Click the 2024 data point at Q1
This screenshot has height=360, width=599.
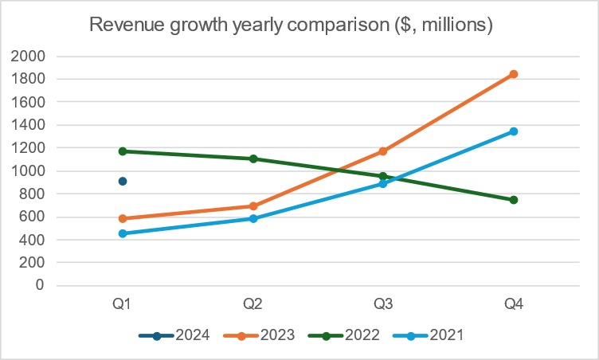tap(123, 182)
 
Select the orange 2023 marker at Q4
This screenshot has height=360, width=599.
tap(514, 74)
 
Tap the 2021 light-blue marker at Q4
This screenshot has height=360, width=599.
tap(514, 131)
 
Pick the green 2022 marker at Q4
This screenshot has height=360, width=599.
tap(514, 200)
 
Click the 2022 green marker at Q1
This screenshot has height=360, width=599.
tap(123, 151)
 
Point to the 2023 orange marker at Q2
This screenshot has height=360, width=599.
tap(253, 206)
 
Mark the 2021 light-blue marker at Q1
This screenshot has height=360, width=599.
tap(123, 233)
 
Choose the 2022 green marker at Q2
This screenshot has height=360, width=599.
tap(253, 158)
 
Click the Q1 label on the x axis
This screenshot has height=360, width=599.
tap(123, 303)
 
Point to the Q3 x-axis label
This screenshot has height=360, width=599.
tap(383, 303)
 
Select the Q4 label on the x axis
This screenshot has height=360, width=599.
tap(514, 303)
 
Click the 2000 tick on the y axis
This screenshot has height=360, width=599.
tap(28, 57)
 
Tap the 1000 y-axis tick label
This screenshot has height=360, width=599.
tap(28, 171)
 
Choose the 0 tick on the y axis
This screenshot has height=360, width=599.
tap(39, 285)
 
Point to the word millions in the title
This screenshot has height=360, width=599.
tap(448, 25)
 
